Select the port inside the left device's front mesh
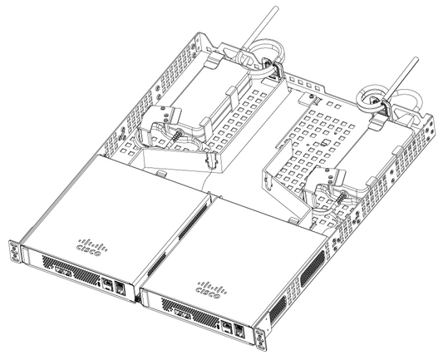coord(61,271)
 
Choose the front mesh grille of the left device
coord(75,274)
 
